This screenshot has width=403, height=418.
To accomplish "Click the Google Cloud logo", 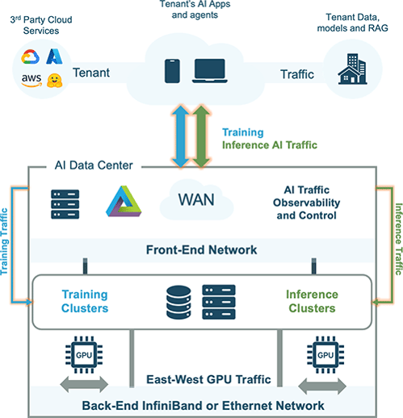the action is coord(30,56).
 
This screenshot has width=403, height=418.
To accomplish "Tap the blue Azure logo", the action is coord(54,56).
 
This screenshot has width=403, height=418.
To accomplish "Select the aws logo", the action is coord(31,80).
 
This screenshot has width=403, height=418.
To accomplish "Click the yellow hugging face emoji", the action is coord(54,81).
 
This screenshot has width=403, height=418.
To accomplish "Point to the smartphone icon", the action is coord(172,71).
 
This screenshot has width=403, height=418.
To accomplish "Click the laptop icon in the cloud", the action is coord(210,71).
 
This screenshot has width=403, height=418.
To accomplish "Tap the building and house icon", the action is coord(353,69).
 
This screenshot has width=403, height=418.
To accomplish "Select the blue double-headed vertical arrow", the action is coord(180,136).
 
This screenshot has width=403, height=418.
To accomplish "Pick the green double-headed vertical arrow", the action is coord(201,136).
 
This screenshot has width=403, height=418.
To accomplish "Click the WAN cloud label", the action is coord(196,199).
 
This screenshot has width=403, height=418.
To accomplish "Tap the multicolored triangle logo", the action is coord(124,201).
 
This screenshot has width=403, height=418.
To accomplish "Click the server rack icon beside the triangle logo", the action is coord(65,204).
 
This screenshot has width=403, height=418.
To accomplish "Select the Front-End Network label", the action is coord(201,250).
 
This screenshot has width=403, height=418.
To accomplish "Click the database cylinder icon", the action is coord(178,303).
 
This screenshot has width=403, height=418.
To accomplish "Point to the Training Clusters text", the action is coord(85,301).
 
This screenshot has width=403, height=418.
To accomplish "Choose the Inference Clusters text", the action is coord(312,301).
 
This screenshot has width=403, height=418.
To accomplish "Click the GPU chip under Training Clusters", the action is coord(84,355).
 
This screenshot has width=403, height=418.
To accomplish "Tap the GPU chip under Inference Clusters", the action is coord(325,355).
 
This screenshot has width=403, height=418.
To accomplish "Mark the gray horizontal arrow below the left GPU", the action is coord(84,384).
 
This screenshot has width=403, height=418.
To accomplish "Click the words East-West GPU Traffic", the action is coord(208,379).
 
